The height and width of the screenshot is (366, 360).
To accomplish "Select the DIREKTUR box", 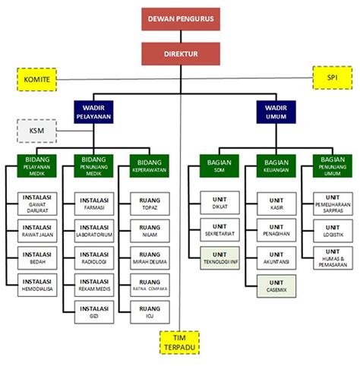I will pyautogui.click(x=179, y=53).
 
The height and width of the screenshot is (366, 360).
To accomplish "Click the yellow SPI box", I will pyautogui.click(x=332, y=77).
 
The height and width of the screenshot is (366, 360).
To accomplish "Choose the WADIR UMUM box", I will pyautogui.click(x=276, y=112).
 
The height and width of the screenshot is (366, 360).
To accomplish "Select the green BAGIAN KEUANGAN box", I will pyautogui.click(x=276, y=166).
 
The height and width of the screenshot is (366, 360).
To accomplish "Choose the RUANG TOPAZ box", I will pyautogui.click(x=149, y=204).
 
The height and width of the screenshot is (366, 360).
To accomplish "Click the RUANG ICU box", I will pyautogui.click(x=149, y=311).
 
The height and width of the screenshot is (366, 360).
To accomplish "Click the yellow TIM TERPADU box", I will pyautogui.click(x=179, y=342).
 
